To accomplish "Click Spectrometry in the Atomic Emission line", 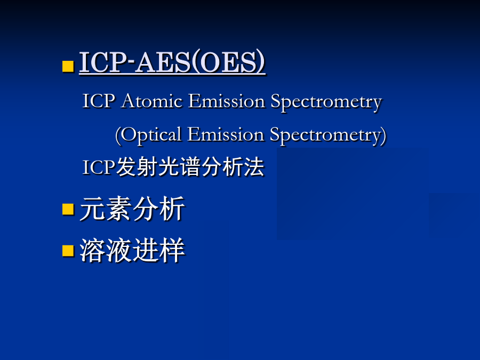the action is (326, 102).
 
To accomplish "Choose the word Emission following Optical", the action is (226, 134).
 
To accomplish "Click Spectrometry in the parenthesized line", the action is (325, 136).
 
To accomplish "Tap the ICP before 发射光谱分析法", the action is (99, 167).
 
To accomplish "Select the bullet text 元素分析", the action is (132, 209).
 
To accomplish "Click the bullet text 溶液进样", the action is (132, 251).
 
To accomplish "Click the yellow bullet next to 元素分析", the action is (68, 209).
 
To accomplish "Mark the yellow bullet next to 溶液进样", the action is (68, 251).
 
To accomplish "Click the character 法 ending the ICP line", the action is (254, 167).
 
